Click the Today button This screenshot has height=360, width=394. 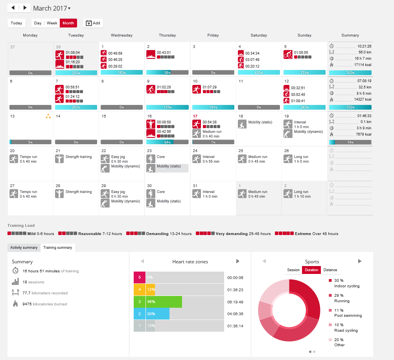pyautogui.click(x=17, y=23)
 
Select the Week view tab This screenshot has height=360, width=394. pyautogui.click(x=52, y=23)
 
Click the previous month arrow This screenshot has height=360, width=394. pyautogui.click(x=13, y=8)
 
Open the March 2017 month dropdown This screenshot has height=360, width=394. pyautogui.click(x=52, y=8)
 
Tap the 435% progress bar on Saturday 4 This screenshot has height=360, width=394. pyautogui.click(x=259, y=73)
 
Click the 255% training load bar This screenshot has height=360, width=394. pyautogui.click(x=76, y=73)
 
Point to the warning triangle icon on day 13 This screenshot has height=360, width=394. pyautogui.click(x=48, y=116)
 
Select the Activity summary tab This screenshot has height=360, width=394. pyautogui.click(x=24, y=248)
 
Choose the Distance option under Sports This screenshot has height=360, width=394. pyautogui.click(x=330, y=270)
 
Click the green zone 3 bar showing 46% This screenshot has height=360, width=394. pyautogui.click(x=164, y=301)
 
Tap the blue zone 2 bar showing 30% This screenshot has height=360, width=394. pyautogui.click(x=157, y=314)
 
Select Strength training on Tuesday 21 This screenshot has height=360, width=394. pyautogui.click(x=78, y=157)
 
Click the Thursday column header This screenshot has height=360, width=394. pyautogui.click(x=167, y=35)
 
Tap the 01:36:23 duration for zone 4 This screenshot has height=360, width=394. pyautogui.click(x=235, y=290)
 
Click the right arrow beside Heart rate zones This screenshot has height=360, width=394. pyautogui.click(x=238, y=261)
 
